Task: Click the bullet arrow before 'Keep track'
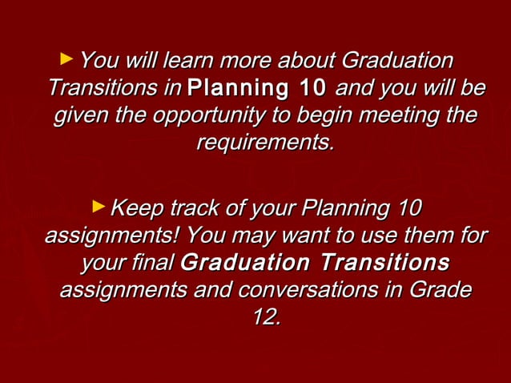point(99,207)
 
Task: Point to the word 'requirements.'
point(264,143)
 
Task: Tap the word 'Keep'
point(134,209)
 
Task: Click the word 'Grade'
point(439,289)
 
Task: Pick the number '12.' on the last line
point(266,316)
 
